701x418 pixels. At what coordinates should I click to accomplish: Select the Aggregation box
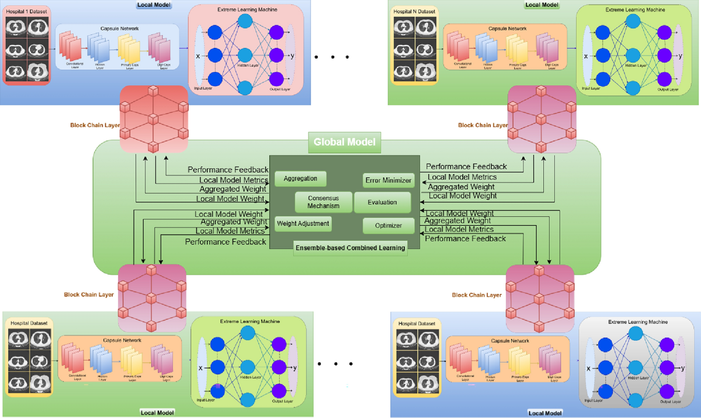pyautogui.click(x=300, y=178)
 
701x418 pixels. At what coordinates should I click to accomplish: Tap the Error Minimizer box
pyautogui.click(x=388, y=180)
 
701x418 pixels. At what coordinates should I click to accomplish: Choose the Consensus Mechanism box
pyautogui.click(x=324, y=202)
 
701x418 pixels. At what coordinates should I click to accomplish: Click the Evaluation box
pyautogui.click(x=382, y=202)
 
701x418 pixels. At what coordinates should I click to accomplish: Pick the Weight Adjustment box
pyautogui.click(x=303, y=223)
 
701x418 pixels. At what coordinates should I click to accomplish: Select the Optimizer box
pyautogui.click(x=388, y=225)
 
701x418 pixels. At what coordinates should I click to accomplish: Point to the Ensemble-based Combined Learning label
pyautogui.click(x=350, y=248)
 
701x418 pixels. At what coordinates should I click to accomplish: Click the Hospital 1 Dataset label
pyautogui.click(x=27, y=11)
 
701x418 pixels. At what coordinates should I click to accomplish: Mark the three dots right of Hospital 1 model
pyautogui.click(x=331, y=57)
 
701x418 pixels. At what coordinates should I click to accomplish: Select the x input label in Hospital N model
pyautogui.click(x=585, y=57)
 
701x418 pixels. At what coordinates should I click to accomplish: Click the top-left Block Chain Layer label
pyautogui.click(x=94, y=125)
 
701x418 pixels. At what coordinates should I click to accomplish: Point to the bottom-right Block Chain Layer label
pyautogui.click(x=477, y=295)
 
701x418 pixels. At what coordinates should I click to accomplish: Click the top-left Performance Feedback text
pyautogui.click(x=228, y=170)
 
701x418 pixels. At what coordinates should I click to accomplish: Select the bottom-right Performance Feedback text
pyautogui.click(x=465, y=239)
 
